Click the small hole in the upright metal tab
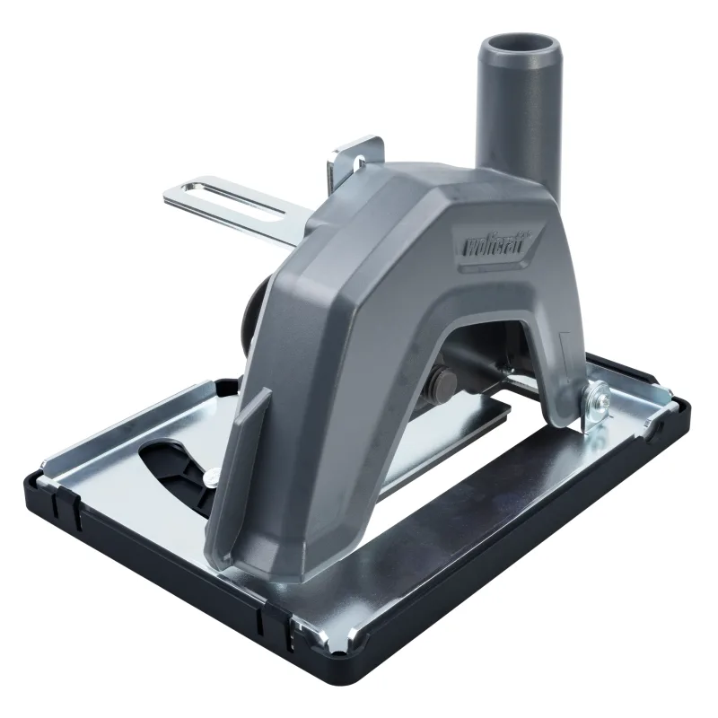[360, 162]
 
